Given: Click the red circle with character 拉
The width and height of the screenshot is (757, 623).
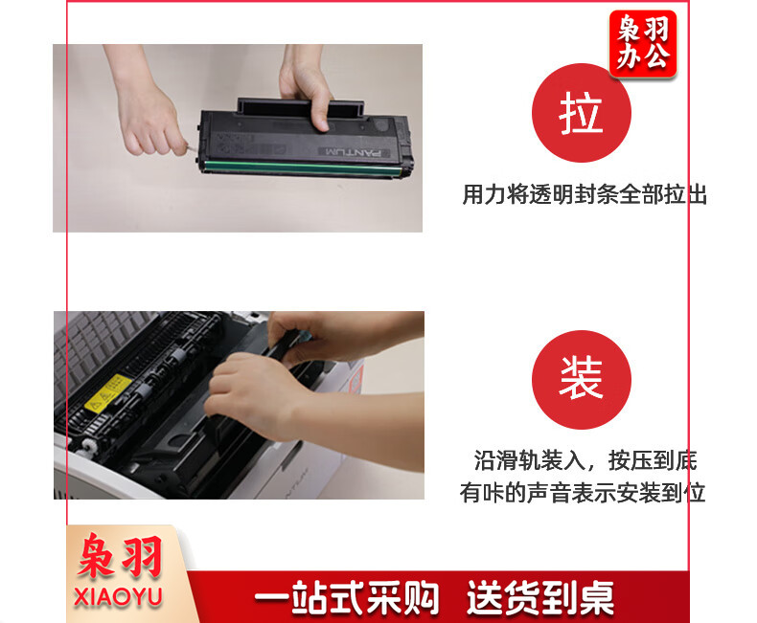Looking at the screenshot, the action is pyautogui.click(x=582, y=113).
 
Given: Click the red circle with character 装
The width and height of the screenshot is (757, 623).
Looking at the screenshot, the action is pyautogui.click(x=582, y=380).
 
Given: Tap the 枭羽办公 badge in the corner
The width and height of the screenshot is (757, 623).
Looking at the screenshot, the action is pyautogui.click(x=643, y=43).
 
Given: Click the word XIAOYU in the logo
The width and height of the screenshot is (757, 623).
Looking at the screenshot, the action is pyautogui.click(x=118, y=597).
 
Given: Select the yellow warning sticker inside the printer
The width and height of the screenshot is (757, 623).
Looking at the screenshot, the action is pyautogui.click(x=107, y=392).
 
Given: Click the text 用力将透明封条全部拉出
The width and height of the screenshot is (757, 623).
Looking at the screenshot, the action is pyautogui.click(x=585, y=194).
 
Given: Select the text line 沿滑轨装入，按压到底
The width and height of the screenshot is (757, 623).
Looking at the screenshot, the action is pyautogui.click(x=585, y=460).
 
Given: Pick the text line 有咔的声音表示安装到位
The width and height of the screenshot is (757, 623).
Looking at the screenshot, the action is pyautogui.click(x=583, y=492).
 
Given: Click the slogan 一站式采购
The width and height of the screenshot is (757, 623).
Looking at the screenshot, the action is pyautogui.click(x=347, y=598).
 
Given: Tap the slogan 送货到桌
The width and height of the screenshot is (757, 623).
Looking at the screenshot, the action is pyautogui.click(x=540, y=598).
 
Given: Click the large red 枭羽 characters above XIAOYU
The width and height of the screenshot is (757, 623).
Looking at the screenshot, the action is pyautogui.click(x=119, y=557).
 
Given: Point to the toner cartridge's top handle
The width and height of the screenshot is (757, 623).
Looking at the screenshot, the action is pyautogui.click(x=300, y=106).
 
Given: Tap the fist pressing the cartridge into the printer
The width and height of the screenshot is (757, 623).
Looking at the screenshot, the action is pyautogui.click(x=257, y=393).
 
